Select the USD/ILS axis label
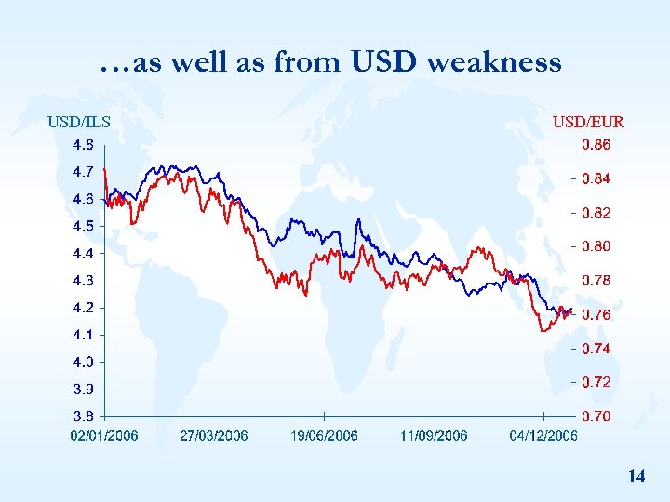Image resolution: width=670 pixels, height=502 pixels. [79, 121]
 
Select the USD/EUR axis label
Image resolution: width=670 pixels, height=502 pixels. [588, 121]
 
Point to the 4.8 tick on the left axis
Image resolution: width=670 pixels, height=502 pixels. [83, 145]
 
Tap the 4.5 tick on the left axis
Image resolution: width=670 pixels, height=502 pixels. [83, 226]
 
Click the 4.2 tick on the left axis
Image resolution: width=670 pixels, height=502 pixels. [83, 308]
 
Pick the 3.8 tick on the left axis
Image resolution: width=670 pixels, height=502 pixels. [83, 416]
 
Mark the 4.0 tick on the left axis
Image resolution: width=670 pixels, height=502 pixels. [83, 362]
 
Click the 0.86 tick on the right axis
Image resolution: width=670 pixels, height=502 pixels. [596, 145]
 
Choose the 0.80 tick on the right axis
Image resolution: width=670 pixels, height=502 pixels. [596, 246]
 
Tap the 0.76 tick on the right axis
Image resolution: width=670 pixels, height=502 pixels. [596, 315]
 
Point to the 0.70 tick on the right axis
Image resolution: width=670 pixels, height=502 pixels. [596, 416]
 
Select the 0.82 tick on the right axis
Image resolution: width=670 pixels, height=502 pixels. [596, 213]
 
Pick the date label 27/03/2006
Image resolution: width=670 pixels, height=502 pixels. [213, 435]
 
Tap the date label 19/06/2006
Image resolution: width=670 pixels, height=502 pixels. [324, 435]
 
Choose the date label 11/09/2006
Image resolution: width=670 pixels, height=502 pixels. [434, 435]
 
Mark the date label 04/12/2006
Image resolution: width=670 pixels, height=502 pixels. [543, 435]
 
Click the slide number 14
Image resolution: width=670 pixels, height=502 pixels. [636, 477]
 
